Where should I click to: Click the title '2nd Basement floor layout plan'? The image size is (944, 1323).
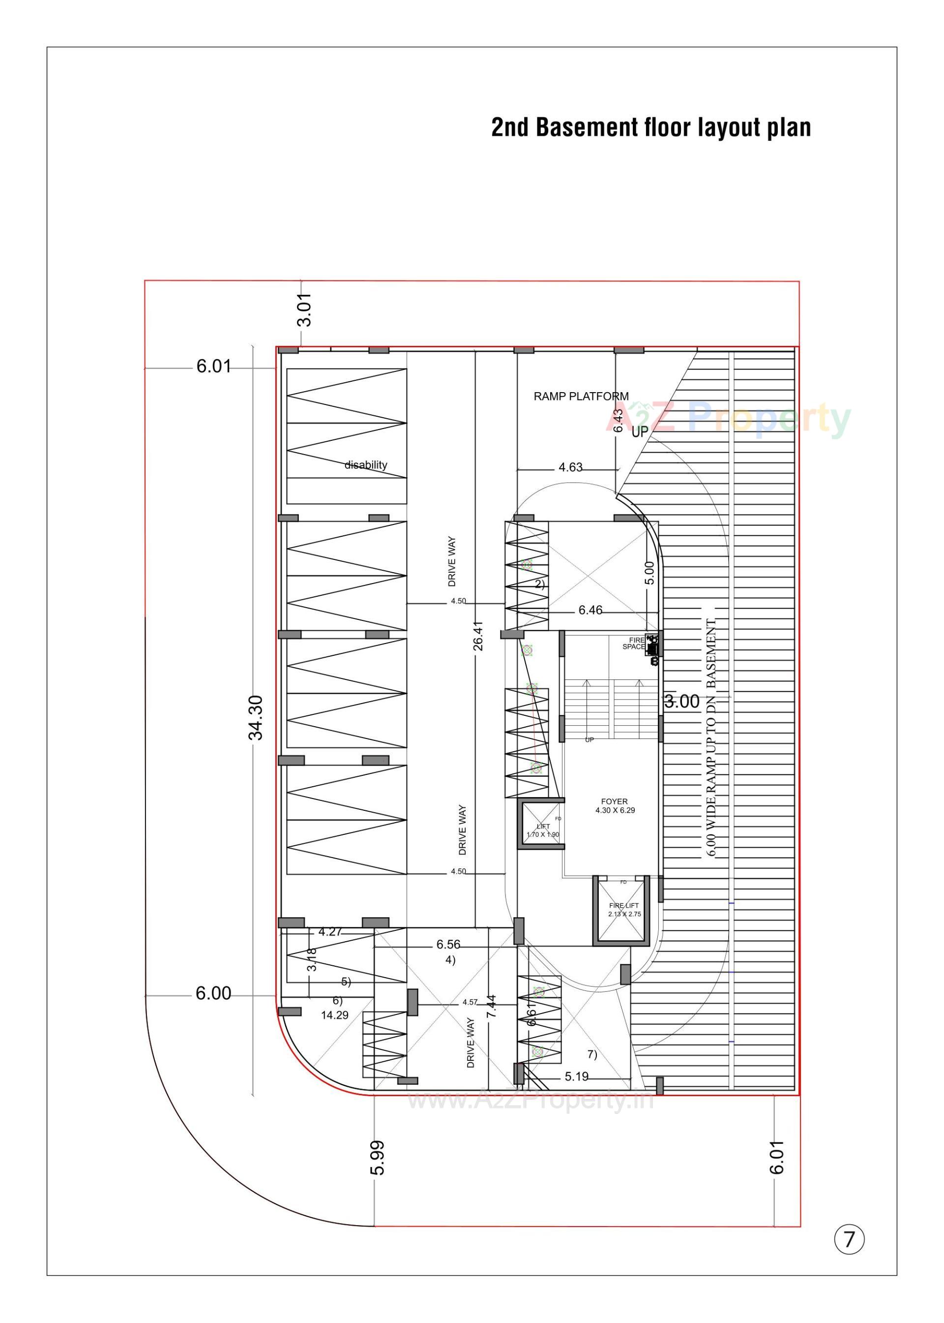[x=650, y=127]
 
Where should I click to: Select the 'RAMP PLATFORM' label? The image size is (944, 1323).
[x=581, y=397]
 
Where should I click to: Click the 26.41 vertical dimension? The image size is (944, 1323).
[x=478, y=636]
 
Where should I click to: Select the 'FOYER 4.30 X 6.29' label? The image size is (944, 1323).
[x=615, y=805]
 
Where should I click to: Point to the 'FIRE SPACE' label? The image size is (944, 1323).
[x=634, y=643]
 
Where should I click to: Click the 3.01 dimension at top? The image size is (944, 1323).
[x=305, y=310]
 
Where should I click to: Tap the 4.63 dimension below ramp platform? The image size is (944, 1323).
[x=570, y=467]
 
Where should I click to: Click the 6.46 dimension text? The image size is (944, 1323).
[x=590, y=610]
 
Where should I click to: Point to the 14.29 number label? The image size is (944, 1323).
[x=335, y=1015]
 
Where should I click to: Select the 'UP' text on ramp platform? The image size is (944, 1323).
[x=639, y=432]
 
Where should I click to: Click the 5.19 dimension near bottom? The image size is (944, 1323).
[x=576, y=1077]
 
